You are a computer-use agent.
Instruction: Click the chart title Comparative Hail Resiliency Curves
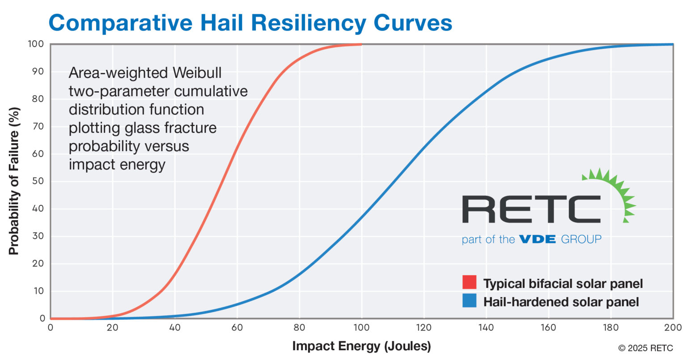pos(250,22)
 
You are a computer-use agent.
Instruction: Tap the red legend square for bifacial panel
pos(469,283)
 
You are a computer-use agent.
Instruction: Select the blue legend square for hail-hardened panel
pos(469,301)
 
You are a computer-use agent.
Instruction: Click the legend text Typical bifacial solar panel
pos(563,284)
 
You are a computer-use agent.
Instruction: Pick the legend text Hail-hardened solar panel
pos(561,302)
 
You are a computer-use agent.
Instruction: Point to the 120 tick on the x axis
pos(424,328)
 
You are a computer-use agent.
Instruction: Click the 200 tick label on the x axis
pos(672,328)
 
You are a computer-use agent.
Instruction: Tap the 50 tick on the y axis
pos(38,181)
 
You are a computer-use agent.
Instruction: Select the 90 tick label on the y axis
pos(38,72)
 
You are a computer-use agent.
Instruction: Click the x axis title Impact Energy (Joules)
pos(361,346)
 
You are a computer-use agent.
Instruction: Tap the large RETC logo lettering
pos(531,209)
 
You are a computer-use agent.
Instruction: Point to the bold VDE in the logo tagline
pos(537,239)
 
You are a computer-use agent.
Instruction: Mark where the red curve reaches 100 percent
pos(360,44)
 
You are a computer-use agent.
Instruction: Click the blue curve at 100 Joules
pos(361,217)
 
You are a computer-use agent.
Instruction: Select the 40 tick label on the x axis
pos(174,328)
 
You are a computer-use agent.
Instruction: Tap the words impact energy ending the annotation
pos(117,165)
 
